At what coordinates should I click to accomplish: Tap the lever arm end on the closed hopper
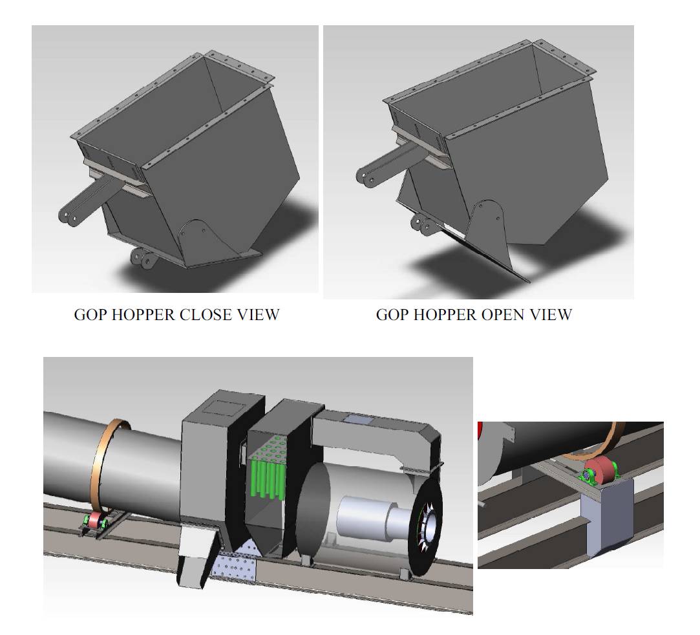(x=68, y=217)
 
